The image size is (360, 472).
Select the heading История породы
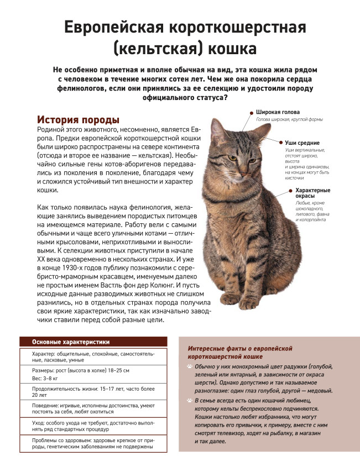tap(77, 119)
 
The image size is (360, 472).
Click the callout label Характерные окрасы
tap(312, 193)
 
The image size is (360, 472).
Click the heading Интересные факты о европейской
tap(240, 349)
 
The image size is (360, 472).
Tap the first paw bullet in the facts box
tap(190, 366)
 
